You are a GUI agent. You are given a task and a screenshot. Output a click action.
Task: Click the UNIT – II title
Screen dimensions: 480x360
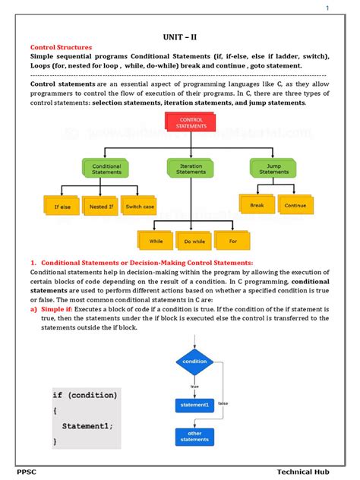tap(179, 35)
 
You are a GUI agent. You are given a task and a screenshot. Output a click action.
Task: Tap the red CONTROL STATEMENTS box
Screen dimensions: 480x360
tap(191, 123)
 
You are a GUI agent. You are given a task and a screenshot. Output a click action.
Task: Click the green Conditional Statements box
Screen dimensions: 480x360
tap(106, 169)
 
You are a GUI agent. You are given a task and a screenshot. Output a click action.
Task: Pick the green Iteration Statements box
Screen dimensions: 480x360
tap(191, 169)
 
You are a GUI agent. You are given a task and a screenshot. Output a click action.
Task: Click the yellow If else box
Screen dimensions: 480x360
tap(62, 206)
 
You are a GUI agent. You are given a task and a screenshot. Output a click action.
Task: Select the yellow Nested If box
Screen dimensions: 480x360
tap(100, 206)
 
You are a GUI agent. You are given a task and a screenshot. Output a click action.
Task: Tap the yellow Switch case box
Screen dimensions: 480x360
tap(141, 206)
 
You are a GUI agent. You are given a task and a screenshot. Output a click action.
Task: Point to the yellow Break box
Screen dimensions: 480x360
tap(257, 204)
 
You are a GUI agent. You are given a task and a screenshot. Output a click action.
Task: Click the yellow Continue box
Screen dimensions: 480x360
tap(294, 204)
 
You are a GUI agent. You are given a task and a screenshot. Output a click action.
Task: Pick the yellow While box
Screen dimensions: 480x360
tap(156, 242)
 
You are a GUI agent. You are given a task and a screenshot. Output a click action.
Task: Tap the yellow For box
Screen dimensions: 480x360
tap(232, 242)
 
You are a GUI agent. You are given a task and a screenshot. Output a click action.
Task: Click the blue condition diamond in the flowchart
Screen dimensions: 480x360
tap(194, 362)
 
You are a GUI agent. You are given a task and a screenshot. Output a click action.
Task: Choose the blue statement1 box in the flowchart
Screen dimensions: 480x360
tap(194, 406)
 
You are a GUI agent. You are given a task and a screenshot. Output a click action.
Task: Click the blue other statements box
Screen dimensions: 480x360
tap(194, 436)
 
